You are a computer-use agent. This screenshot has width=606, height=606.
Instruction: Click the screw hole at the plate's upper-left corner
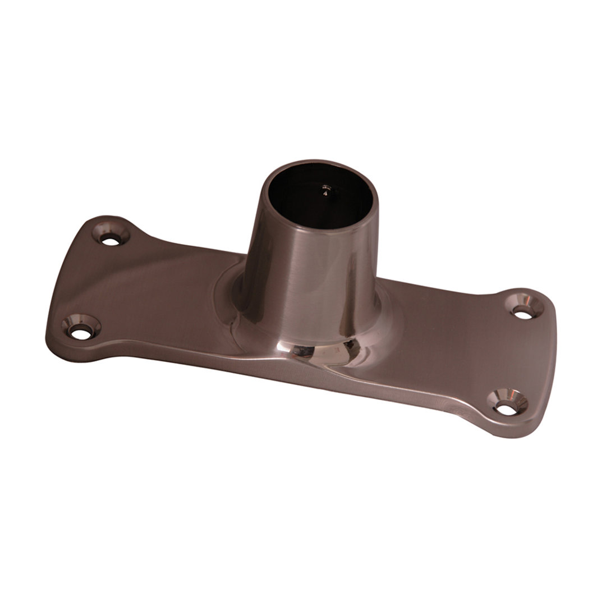click(112, 240)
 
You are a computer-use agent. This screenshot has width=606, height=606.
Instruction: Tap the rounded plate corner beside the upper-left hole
click(101, 221)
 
